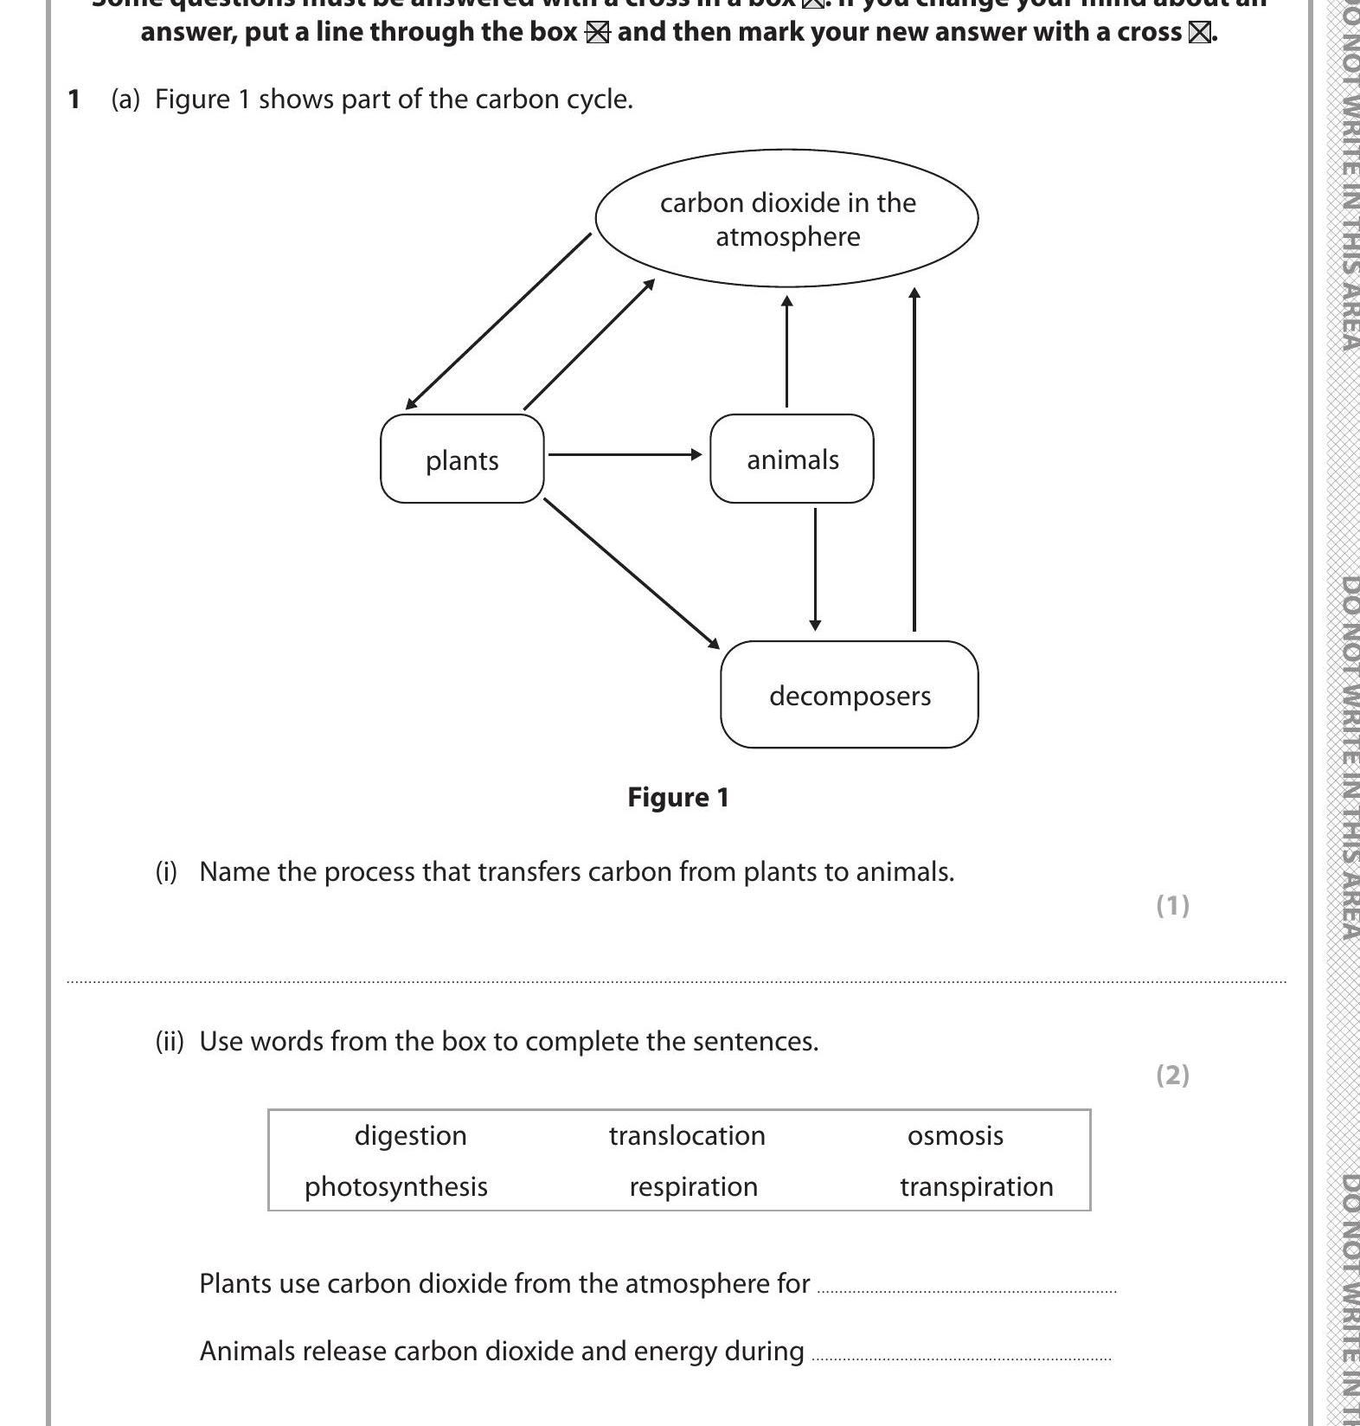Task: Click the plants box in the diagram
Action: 462,459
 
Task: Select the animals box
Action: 792,459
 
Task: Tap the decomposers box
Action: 849,695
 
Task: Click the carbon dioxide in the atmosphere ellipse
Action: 786,218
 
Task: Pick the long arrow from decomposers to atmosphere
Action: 914,459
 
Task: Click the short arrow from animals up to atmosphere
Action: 786,350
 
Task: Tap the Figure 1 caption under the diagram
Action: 678,797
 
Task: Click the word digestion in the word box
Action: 410,1135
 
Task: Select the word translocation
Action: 687,1135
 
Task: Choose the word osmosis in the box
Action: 955,1135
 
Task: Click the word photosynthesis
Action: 395,1186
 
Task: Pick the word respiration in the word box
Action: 693,1186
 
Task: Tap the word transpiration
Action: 977,1186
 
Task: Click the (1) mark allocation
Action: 1172,905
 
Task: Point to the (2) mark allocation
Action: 1172,1075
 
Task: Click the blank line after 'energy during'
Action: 961,1356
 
